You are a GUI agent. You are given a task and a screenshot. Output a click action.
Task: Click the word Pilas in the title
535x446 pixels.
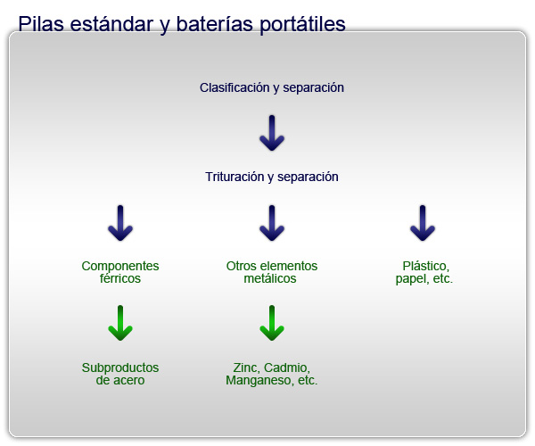41,24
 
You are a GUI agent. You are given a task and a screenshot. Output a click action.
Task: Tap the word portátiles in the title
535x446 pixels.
302,25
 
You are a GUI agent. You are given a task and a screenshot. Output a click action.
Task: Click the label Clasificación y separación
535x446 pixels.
272,87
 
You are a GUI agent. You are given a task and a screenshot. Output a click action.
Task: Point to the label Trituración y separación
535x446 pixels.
272,177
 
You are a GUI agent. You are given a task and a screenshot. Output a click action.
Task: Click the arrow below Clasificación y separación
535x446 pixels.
272,133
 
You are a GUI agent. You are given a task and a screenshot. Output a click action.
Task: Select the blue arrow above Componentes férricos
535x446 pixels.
120,223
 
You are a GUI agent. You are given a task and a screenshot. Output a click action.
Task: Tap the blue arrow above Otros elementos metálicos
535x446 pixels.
272,223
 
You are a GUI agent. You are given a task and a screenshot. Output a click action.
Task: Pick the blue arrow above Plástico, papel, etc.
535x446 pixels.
423,223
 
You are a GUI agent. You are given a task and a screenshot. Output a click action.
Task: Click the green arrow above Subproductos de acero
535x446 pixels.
120,323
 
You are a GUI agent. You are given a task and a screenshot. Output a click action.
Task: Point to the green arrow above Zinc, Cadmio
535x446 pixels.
272,323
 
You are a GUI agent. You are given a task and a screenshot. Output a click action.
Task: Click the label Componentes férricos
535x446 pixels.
120,272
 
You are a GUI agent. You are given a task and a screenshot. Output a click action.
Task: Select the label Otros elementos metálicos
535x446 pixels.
272,272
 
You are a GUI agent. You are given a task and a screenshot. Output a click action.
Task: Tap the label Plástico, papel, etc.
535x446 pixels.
424,272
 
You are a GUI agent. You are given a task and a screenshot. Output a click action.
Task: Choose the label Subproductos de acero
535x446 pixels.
120,374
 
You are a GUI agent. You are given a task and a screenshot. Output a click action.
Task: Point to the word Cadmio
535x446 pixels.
287,368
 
